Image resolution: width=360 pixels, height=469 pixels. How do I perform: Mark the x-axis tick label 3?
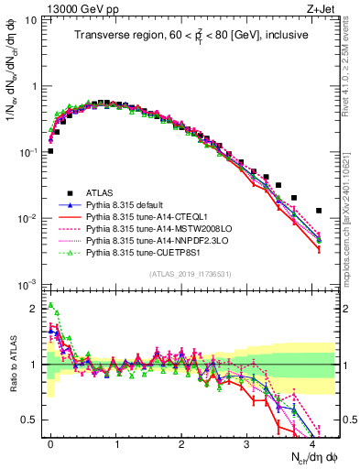pyautogui.click(x=246, y=442)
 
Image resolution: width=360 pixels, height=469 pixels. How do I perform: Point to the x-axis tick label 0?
pyautogui.click(x=50, y=442)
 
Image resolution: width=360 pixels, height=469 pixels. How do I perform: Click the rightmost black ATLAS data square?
pyautogui.click(x=319, y=211)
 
